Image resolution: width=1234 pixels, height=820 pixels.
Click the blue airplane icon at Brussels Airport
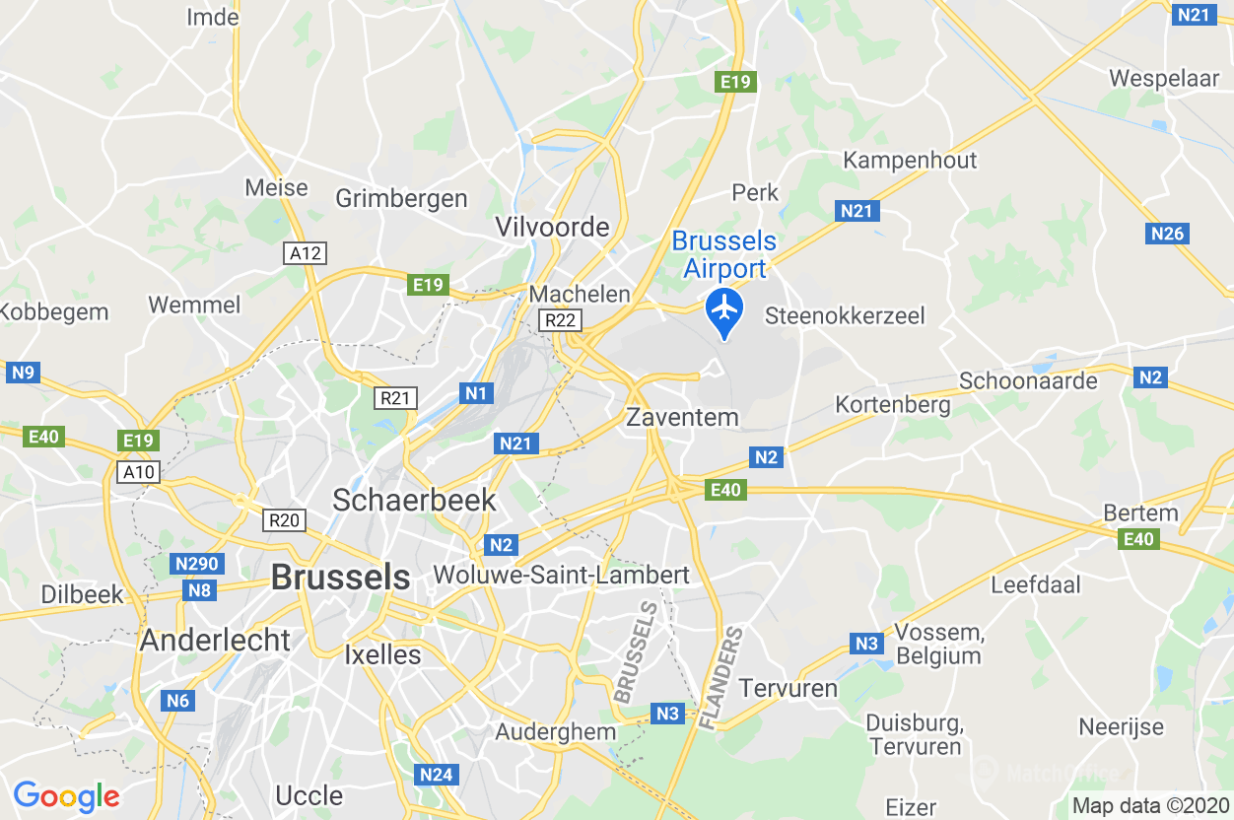point(724,307)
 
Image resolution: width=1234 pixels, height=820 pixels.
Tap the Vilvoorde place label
point(552,228)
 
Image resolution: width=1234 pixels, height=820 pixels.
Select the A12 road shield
point(306,253)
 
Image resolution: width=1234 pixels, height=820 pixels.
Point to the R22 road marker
point(562,320)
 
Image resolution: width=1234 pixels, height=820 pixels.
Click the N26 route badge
point(1169,234)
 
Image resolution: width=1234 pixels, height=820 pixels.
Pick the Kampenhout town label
point(910,161)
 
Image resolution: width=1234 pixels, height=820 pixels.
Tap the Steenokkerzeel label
point(846,316)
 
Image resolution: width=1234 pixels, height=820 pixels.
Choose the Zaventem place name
point(682,417)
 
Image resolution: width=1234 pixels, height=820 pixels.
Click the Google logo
point(66,795)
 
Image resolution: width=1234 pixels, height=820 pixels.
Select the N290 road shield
point(197,564)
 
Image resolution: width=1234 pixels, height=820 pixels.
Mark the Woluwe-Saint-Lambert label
point(561,575)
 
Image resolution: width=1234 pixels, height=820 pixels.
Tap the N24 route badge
point(436,775)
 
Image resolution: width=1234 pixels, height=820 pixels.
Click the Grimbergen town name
point(401,199)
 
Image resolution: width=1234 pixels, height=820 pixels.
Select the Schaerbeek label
point(414,500)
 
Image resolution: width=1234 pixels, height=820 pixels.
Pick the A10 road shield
point(139,472)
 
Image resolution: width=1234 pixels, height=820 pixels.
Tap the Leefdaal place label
point(1035,584)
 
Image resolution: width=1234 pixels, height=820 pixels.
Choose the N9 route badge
point(22,373)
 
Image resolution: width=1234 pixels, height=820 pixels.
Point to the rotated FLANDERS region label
point(721,680)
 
